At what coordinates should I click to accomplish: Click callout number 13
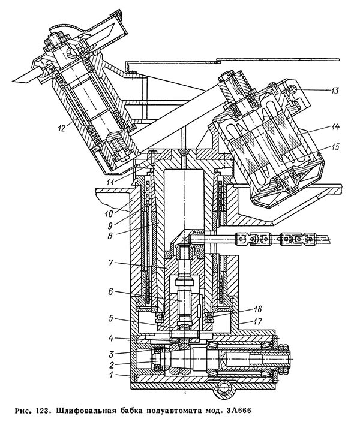click(x=334, y=91)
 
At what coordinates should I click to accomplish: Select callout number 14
click(x=335, y=126)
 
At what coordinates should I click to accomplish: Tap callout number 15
click(x=335, y=147)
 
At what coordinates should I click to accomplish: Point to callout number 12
click(x=62, y=128)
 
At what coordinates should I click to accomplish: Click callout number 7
click(x=110, y=263)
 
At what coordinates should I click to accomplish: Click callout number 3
click(x=112, y=354)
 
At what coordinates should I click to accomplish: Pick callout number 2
click(x=112, y=365)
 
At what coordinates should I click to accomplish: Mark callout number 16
click(x=257, y=309)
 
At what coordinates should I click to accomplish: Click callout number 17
click(x=258, y=322)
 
